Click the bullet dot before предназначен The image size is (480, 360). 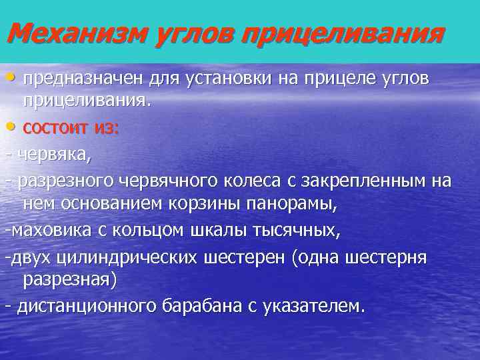click(13, 78)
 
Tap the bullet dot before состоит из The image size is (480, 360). click(13, 128)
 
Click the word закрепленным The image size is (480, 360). click(361, 181)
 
